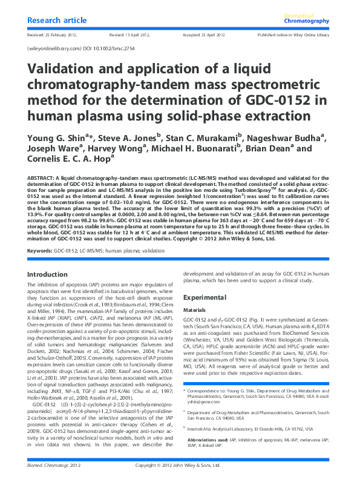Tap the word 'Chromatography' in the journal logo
307,22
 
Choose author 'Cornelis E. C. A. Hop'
67,160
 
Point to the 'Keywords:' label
40,250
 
